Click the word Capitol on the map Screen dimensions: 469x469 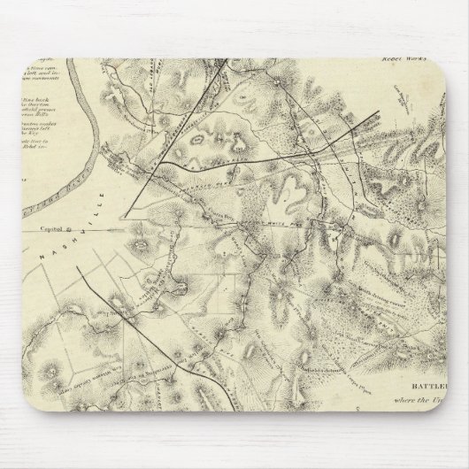click(x=54, y=227)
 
